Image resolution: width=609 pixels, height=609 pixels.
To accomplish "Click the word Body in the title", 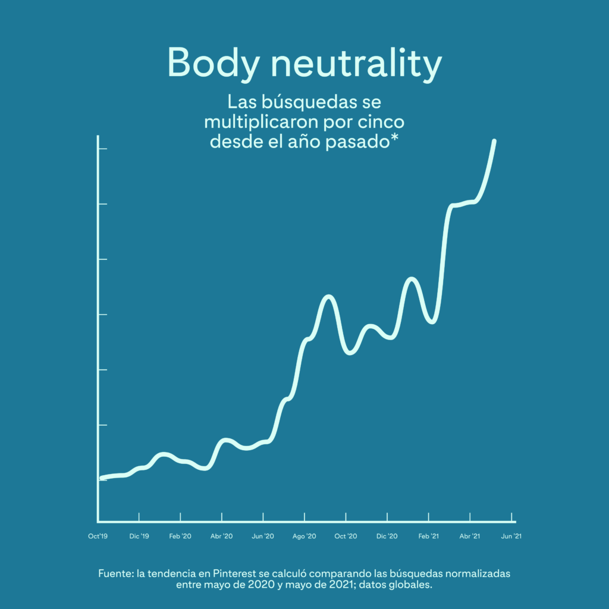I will point(212,63).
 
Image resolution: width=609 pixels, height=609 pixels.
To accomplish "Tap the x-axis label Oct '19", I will point(98,536).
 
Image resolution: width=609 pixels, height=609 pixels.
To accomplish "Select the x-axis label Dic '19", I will point(139,536).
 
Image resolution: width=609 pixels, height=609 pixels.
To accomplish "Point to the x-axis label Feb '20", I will point(180,536).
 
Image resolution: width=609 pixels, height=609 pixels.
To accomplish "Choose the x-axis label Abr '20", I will point(221,536).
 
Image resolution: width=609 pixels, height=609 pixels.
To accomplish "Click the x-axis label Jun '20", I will point(263,536).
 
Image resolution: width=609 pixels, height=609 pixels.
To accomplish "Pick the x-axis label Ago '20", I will point(304,536).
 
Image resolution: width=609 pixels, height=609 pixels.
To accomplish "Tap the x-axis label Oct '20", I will point(346,536).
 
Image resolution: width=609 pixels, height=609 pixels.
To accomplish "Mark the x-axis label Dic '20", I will point(387,536).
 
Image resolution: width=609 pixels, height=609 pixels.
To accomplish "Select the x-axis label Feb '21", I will point(428,536).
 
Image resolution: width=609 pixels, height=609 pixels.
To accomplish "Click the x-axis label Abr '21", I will point(469,536).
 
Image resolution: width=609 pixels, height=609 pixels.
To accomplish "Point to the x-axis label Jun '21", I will point(511,536).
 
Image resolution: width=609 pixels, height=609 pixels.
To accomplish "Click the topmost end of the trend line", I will point(494,141).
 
